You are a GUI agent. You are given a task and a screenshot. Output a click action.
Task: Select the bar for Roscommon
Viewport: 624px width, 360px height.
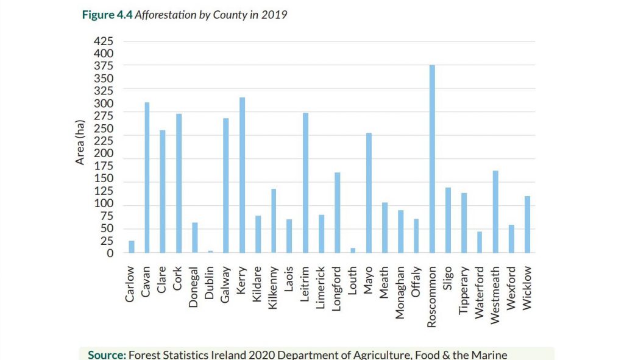pyautogui.click(x=432, y=158)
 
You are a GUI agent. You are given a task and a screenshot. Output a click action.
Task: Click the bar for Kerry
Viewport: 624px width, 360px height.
pyautogui.click(x=242, y=175)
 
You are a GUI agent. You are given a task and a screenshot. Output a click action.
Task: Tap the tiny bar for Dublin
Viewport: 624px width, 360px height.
pyautogui.click(x=210, y=251)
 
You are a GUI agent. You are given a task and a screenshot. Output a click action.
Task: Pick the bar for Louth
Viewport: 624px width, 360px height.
pyautogui.click(x=353, y=250)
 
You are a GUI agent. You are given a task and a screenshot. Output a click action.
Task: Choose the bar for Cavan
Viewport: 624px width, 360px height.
pyautogui.click(x=147, y=177)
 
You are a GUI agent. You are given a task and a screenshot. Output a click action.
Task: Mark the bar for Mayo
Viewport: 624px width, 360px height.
pyautogui.click(x=369, y=192)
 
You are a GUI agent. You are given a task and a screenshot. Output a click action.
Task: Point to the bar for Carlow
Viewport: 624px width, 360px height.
pyautogui.click(x=131, y=246)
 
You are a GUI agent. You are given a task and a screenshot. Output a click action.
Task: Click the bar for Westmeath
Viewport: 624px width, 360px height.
pyautogui.click(x=495, y=211)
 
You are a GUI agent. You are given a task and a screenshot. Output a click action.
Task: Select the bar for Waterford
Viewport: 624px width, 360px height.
pyautogui.click(x=480, y=242)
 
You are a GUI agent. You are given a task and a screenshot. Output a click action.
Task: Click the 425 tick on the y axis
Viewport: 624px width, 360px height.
pyautogui.click(x=103, y=41)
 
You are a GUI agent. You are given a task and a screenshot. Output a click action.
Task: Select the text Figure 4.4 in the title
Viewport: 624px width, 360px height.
pyautogui.click(x=106, y=15)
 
